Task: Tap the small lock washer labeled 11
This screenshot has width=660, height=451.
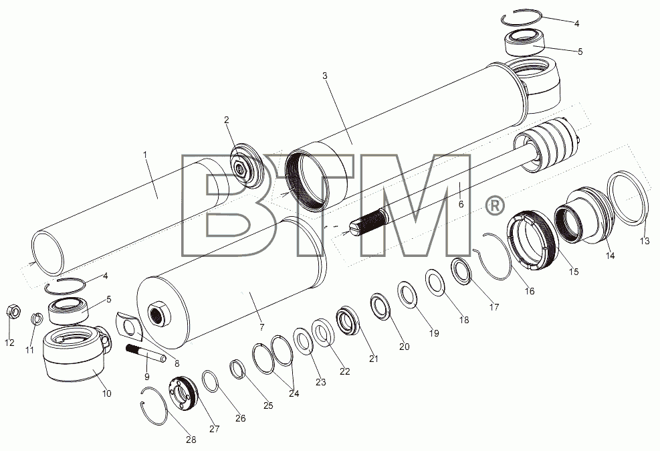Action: (37, 319)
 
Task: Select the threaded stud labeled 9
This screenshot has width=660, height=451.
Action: (146, 353)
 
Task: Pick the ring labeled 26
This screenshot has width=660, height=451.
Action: (210, 381)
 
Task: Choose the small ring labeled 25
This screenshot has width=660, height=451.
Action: (237, 369)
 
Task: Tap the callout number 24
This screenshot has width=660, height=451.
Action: (294, 393)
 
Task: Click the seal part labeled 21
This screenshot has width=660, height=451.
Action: (348, 321)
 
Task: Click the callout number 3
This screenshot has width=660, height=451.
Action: (324, 76)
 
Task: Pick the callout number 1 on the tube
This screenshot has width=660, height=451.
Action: (145, 155)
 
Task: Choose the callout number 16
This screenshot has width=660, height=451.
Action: (529, 290)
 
